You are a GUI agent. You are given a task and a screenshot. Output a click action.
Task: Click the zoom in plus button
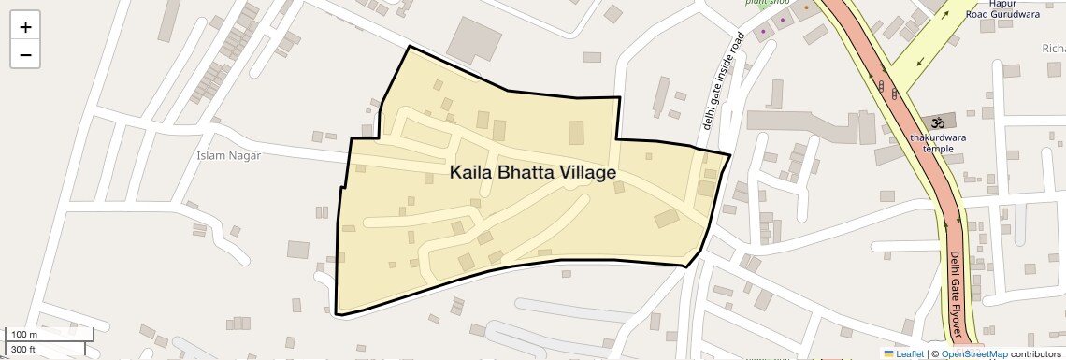[25, 26]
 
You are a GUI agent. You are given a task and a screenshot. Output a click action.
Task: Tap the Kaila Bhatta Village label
[533, 173]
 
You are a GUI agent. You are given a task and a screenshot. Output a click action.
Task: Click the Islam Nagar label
[229, 155]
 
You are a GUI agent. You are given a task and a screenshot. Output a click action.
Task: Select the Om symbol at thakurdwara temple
[936, 122]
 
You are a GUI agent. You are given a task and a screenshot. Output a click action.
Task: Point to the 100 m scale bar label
[23, 334]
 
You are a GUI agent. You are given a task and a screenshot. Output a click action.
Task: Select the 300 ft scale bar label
[23, 350]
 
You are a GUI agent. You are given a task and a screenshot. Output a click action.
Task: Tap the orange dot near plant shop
[806, 7]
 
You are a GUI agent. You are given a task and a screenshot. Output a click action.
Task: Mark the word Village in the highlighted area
[588, 173]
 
